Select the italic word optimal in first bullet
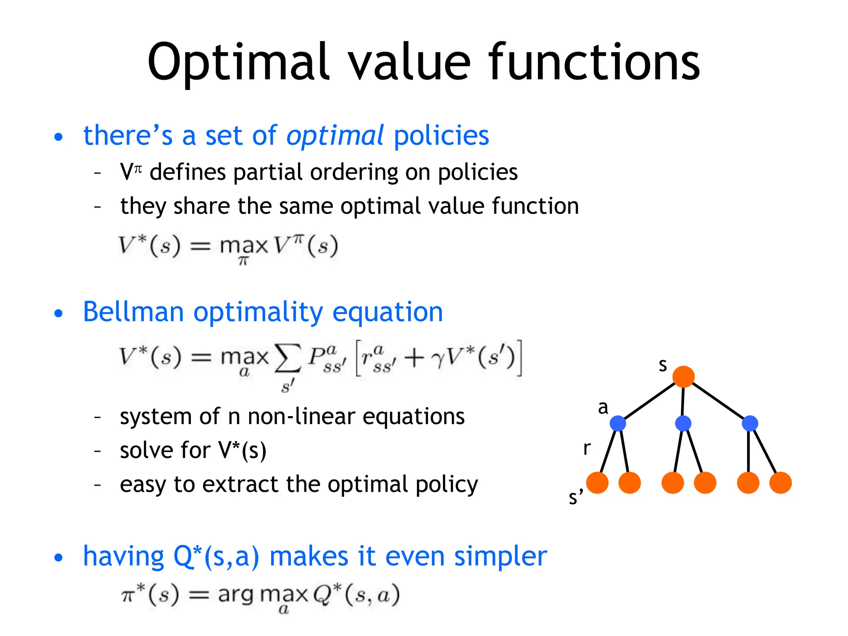pos(335,136)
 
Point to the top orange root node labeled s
pos(683,376)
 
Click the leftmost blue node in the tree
pos(618,423)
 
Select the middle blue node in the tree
pos(683,423)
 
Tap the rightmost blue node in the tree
pos(750,423)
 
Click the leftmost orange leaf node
pos(597,483)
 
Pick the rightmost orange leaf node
pos(781,483)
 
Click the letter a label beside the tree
pos(603,407)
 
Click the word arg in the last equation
pos(236,595)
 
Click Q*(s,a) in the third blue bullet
pos(216,556)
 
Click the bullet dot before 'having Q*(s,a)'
pos(59,558)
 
